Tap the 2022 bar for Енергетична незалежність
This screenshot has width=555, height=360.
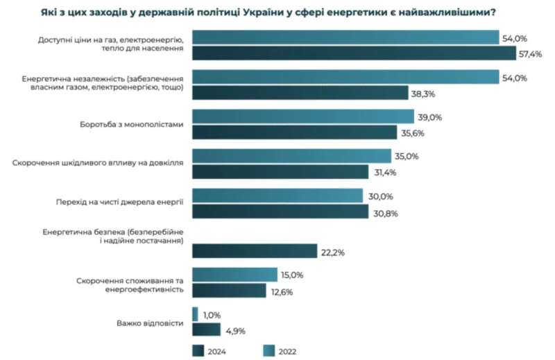(345, 77)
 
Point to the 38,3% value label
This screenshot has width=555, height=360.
(424, 93)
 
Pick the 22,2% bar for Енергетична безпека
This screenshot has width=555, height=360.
(254, 250)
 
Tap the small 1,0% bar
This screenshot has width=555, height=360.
(195, 314)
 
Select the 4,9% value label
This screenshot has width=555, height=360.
(237, 330)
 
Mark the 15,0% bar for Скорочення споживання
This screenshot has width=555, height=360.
(234, 275)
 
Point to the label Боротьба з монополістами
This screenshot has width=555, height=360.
(133, 125)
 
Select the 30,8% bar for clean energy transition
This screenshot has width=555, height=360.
(280, 212)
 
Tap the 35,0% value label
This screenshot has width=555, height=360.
(407, 157)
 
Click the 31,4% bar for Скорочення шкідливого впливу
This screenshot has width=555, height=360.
(280, 172)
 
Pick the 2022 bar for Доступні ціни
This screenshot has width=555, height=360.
(345, 37)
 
